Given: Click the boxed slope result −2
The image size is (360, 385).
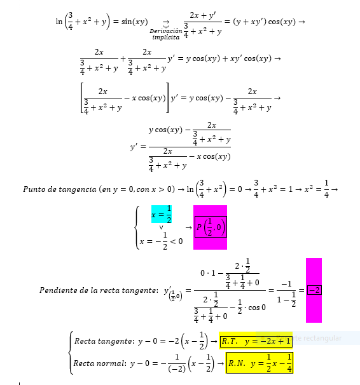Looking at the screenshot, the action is pos(314,290).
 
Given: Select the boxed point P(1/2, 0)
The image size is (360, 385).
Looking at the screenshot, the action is pos(211,227).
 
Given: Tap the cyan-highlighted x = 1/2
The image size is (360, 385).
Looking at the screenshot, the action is pos(162,214).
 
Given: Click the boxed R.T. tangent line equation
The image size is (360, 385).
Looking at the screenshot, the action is pos(256,341).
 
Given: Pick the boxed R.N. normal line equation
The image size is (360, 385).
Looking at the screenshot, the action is pos(260,363).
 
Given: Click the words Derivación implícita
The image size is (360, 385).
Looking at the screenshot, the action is pos(166,34).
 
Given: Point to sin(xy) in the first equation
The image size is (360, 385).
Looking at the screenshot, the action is pos(134,22).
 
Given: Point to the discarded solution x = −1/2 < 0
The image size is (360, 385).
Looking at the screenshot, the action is pos(161,241).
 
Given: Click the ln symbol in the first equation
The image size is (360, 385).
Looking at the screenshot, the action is pos(59,22).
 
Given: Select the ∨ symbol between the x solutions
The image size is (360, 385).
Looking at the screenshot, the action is pos(161,227).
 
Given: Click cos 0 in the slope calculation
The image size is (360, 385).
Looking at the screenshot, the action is pos(257,307).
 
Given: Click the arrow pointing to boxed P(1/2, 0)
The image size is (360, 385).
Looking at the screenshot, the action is pos(188,228).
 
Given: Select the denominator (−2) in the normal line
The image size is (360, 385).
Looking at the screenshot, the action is pos(177,368).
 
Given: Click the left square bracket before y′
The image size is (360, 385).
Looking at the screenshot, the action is pos(83,98).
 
